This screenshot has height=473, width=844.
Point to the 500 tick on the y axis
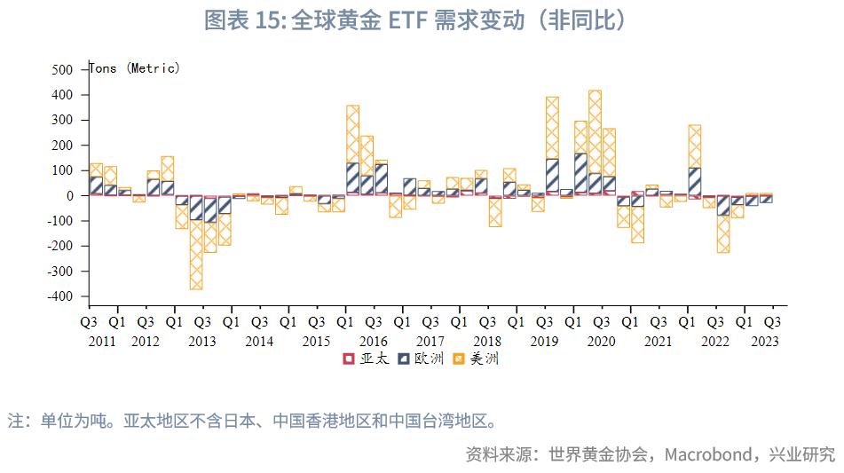[x=62, y=69]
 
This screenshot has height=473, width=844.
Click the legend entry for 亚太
[x=367, y=359]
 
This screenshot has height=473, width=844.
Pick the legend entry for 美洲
[x=476, y=359]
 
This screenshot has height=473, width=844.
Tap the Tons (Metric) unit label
[x=135, y=68]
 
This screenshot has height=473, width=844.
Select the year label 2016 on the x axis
[x=373, y=341]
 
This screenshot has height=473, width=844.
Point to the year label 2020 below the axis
[x=601, y=341]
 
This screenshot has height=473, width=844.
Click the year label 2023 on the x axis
[x=764, y=341]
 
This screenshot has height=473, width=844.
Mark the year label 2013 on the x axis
[x=201, y=341]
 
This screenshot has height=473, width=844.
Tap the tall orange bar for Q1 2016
[x=353, y=134]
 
